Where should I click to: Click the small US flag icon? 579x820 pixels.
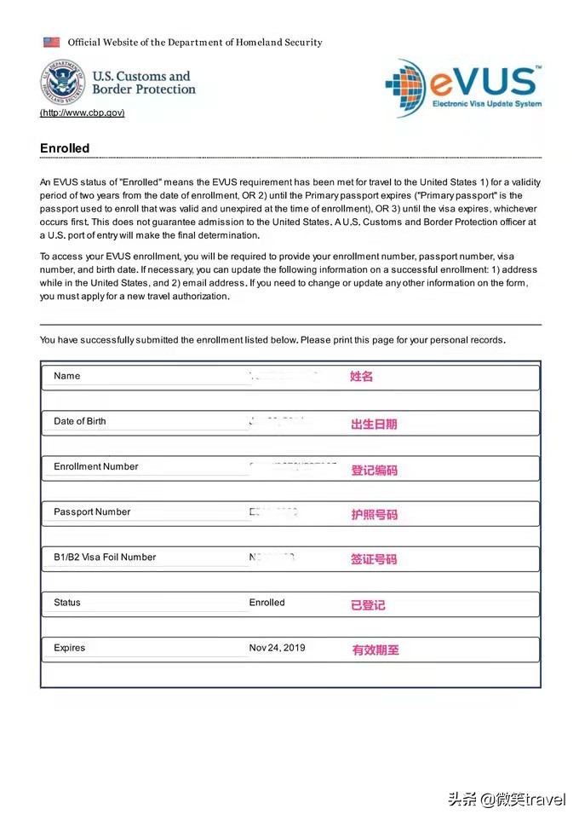coord(52,42)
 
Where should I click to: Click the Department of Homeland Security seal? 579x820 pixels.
coord(62,82)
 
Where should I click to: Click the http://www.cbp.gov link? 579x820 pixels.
coord(82,113)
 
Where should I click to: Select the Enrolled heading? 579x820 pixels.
coord(65,148)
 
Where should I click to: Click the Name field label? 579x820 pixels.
coord(66,376)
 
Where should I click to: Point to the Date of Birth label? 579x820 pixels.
coord(80,421)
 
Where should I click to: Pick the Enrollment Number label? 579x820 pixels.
coord(95,466)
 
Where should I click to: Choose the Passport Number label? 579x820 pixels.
coord(92,511)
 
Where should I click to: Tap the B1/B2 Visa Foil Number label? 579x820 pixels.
coord(105,557)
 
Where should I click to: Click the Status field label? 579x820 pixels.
coord(67,603)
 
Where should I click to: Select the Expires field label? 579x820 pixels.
coord(70,648)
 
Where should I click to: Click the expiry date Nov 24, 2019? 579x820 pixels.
coord(277,648)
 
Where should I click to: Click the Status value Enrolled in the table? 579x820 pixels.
coord(267,603)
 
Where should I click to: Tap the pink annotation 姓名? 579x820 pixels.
coord(362,376)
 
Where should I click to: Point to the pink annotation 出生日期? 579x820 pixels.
coord(374,424)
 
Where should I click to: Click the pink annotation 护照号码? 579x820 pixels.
coord(374,514)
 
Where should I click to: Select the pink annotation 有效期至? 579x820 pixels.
coord(375,650)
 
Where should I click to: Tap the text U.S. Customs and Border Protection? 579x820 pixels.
coord(143,82)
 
